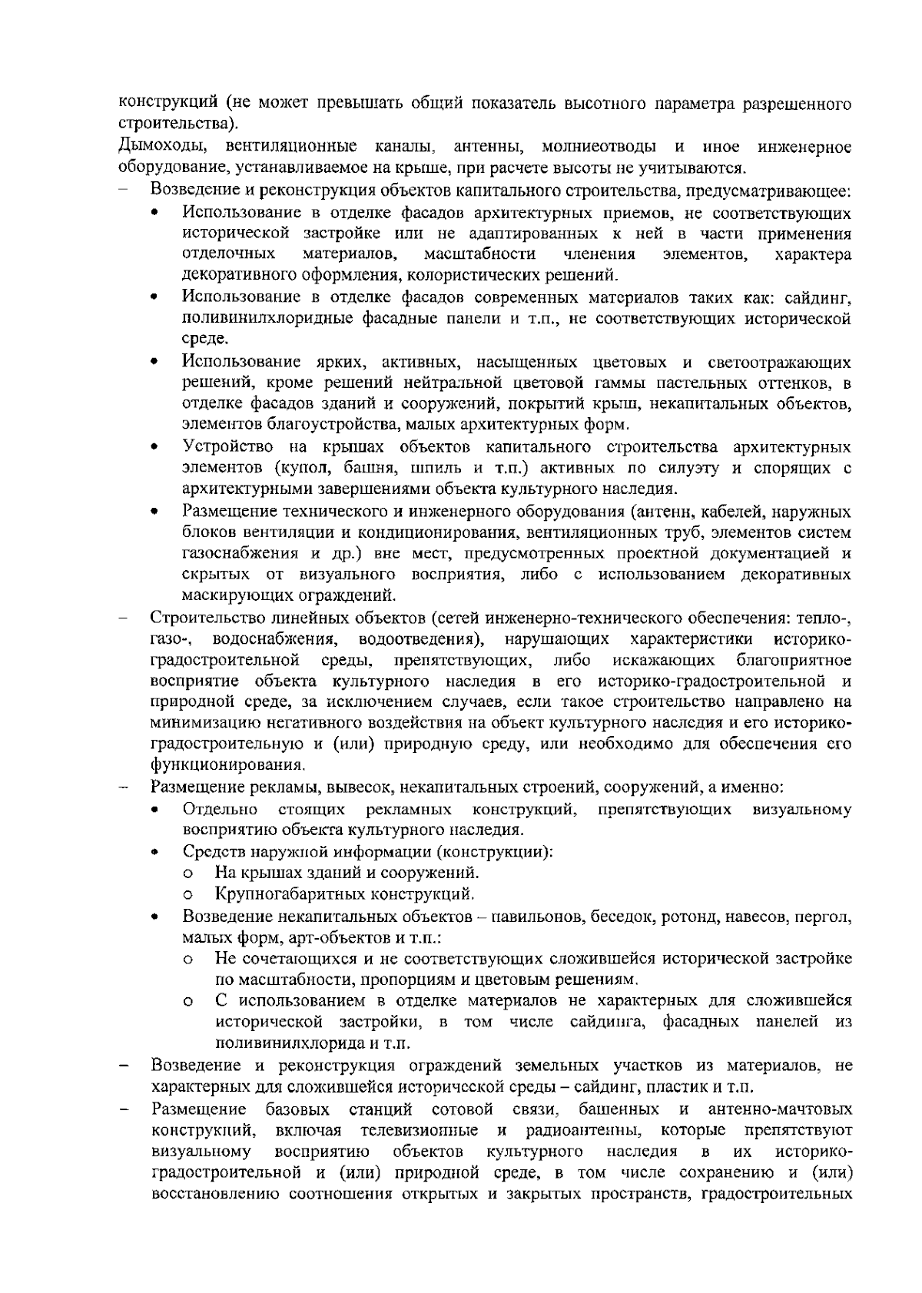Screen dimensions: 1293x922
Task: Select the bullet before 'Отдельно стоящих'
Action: coord(156,810)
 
